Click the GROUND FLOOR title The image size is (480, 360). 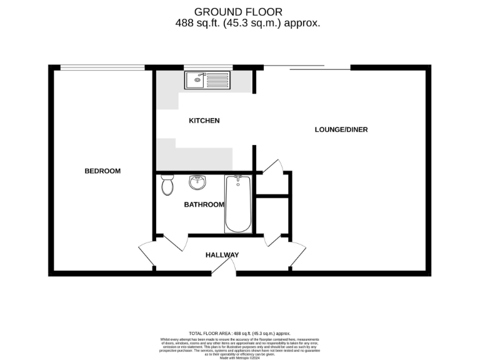click(x=238, y=11)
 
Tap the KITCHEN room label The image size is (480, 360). click(x=204, y=121)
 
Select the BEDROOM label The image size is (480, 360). click(x=102, y=171)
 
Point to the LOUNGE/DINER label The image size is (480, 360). click(x=341, y=130)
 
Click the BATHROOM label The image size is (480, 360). click(x=204, y=204)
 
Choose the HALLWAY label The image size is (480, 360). click(x=222, y=255)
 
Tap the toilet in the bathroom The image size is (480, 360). click(x=167, y=185)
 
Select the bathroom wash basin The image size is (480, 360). click(x=197, y=183)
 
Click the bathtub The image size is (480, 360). click(x=238, y=204)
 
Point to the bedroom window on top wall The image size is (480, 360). click(x=102, y=67)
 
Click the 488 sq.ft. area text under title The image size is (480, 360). click(x=248, y=23)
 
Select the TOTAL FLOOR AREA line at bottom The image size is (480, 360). click(x=239, y=334)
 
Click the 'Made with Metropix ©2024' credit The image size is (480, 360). click(x=239, y=357)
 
